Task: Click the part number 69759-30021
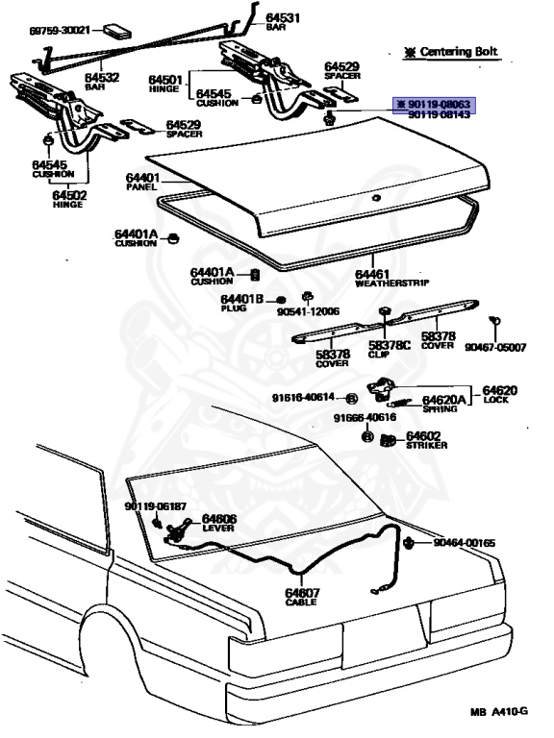(x=59, y=30)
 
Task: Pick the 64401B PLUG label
(x=240, y=303)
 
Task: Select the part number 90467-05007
(x=495, y=347)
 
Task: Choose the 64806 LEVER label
(x=218, y=524)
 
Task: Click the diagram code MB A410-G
(x=498, y=712)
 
